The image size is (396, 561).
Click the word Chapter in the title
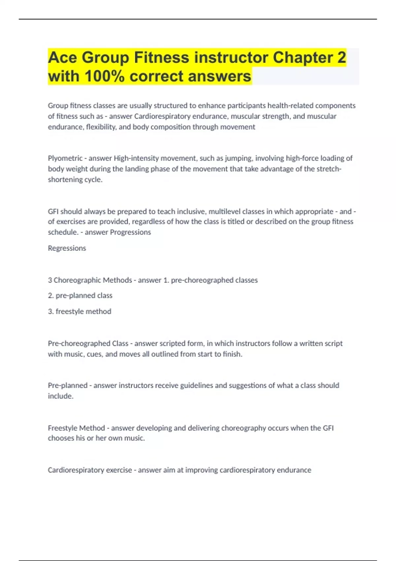[x=303, y=57]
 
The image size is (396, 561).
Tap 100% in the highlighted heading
[x=104, y=76]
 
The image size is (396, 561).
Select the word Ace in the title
[x=62, y=57]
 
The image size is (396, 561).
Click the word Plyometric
[x=65, y=158]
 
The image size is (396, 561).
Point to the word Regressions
[x=67, y=248]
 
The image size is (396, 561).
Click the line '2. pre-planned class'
[x=80, y=296]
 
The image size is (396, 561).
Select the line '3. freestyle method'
[x=80, y=312]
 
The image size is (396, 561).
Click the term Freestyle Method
[x=76, y=428]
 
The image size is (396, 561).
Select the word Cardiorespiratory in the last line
[x=90, y=470]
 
